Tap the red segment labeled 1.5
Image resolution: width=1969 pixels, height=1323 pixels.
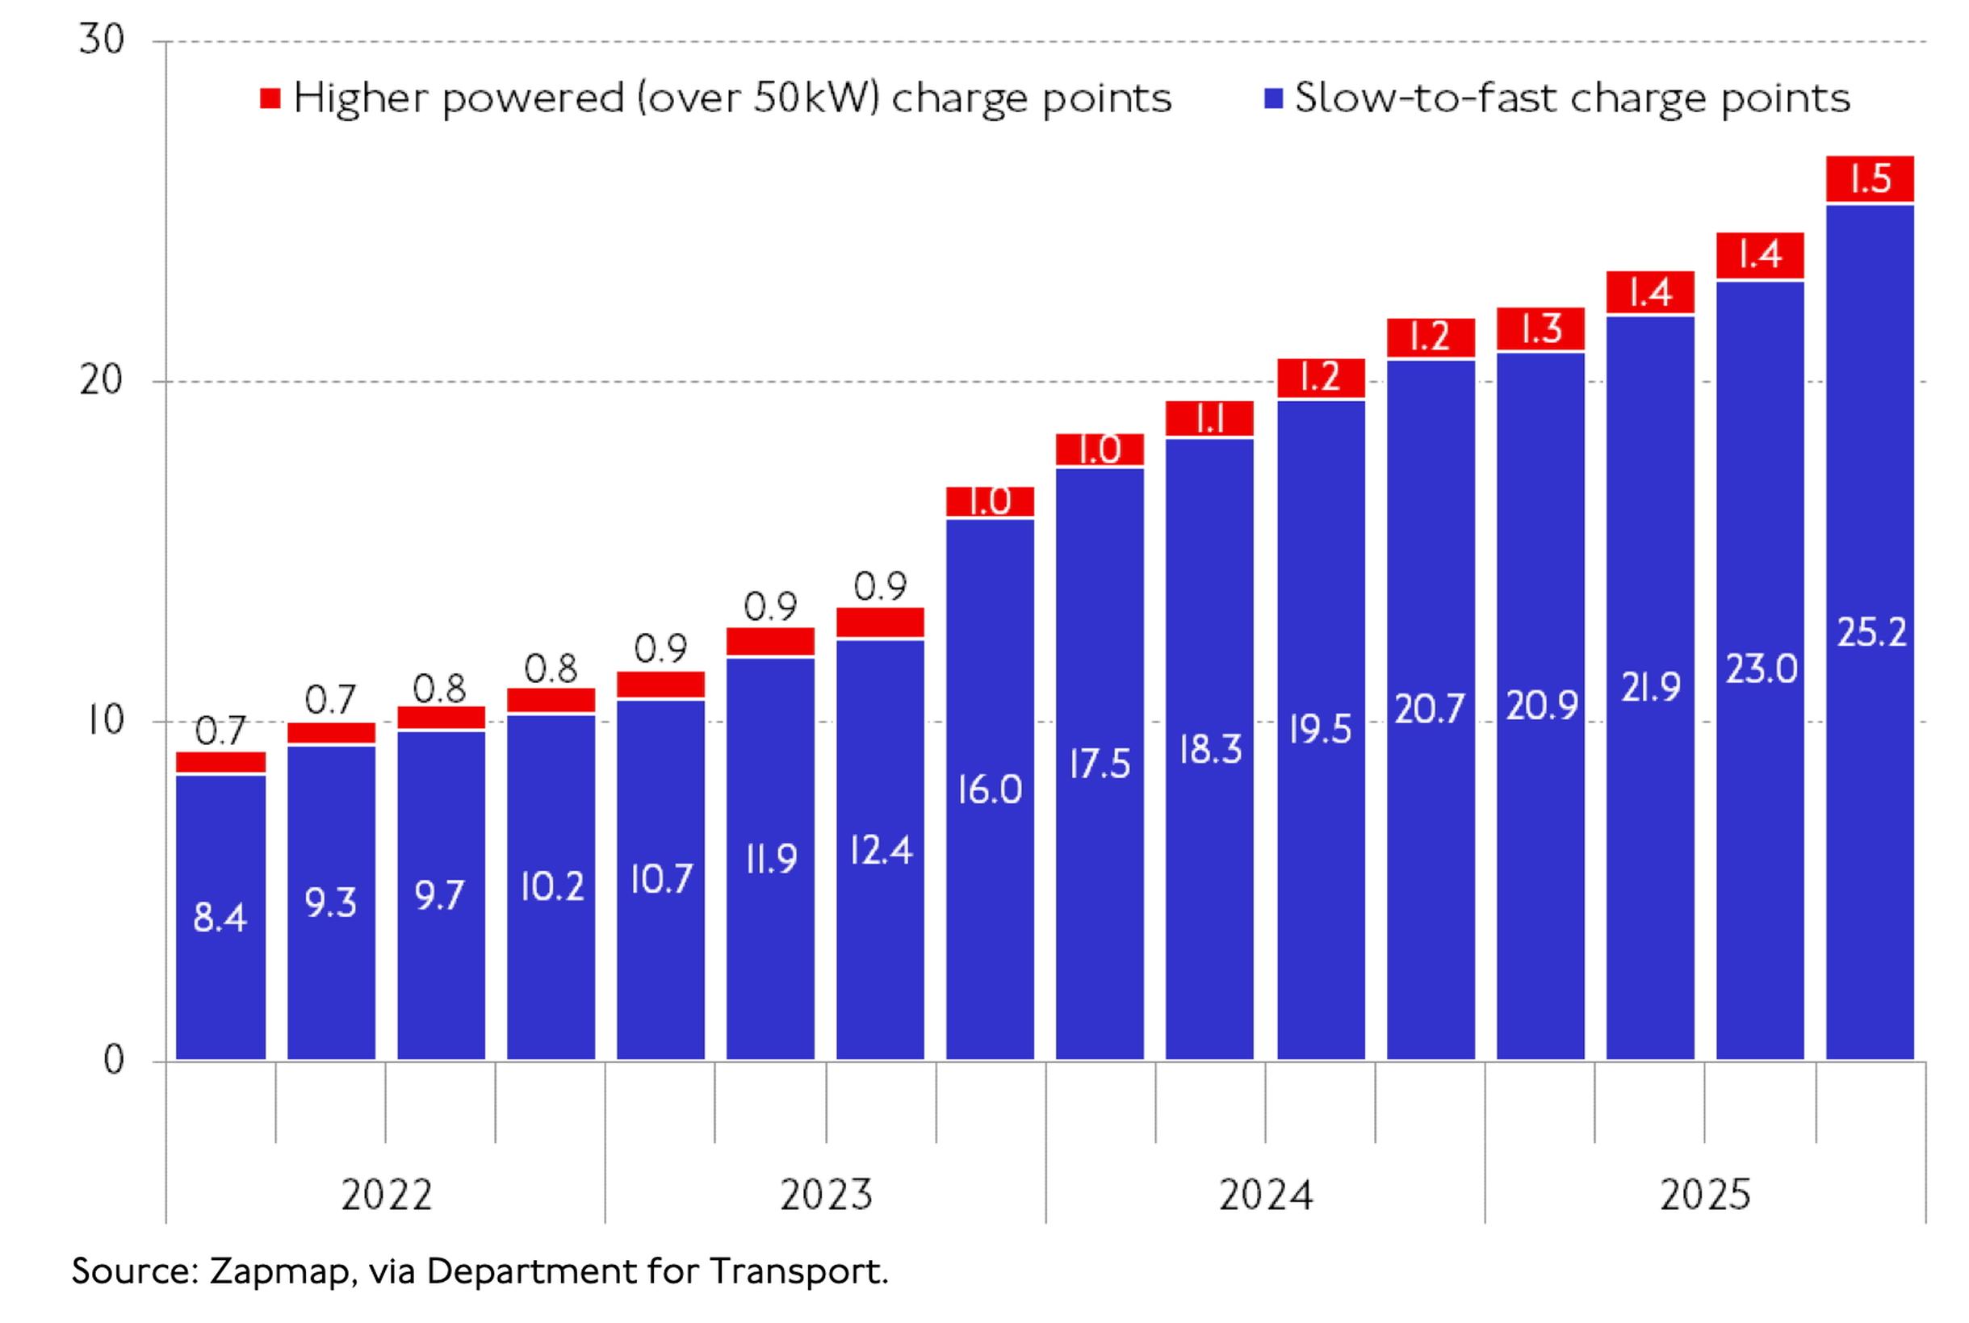click(1870, 179)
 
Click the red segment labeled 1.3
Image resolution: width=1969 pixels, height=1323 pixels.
click(1540, 329)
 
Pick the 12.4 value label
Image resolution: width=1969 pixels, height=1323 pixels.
click(880, 850)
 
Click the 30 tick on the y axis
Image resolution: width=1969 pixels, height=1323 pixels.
click(101, 40)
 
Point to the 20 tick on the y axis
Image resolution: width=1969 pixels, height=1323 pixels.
click(101, 381)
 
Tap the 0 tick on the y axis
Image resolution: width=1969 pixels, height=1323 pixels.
click(113, 1060)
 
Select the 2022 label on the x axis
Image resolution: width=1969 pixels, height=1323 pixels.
click(387, 1195)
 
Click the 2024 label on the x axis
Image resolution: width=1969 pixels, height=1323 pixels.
click(1265, 1195)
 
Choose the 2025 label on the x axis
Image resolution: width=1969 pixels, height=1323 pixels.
click(1705, 1195)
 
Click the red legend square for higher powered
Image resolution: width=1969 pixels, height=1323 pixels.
click(270, 98)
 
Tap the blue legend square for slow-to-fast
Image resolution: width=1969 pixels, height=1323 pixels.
click(1273, 98)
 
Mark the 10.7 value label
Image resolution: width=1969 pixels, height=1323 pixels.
click(660, 879)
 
